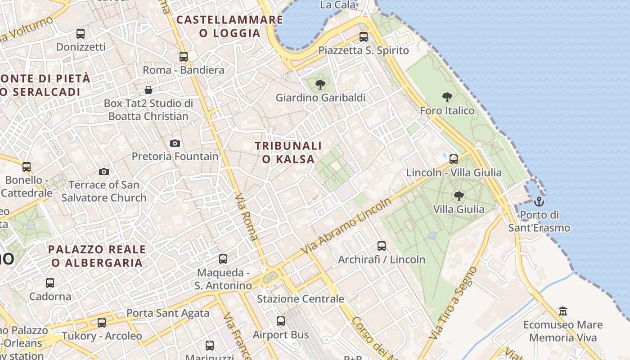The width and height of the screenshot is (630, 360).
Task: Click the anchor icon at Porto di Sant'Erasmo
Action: pos(539,202)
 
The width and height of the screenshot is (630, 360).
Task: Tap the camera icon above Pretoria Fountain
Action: pos(175,144)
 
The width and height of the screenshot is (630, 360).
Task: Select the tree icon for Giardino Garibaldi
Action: pos(320,84)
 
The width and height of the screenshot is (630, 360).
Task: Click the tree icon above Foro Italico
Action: pos(447,97)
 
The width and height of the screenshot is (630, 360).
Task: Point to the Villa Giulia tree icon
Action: pos(459,196)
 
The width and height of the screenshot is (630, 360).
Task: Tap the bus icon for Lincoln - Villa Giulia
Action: pos(454,159)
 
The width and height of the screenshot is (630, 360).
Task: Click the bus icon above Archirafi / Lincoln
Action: pos(382,246)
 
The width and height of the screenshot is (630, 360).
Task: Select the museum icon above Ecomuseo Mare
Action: pos(562,311)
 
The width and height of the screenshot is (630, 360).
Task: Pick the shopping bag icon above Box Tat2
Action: pos(148,90)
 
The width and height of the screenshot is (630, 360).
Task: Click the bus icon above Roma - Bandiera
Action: pos(184,57)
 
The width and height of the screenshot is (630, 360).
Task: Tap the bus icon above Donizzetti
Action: pos(81,33)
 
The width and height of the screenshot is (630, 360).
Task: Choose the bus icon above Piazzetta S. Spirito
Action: pos(364,37)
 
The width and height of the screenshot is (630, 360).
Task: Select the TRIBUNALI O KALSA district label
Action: pos(288,153)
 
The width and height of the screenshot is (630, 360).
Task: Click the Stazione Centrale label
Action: pos(300,299)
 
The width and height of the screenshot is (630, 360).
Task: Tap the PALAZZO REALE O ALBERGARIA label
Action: pos(97,256)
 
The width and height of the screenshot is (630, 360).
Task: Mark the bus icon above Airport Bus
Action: pos(281,321)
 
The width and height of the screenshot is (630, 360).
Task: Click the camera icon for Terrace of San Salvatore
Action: pos(104,172)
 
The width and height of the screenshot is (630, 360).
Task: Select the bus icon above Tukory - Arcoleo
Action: pos(102,323)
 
